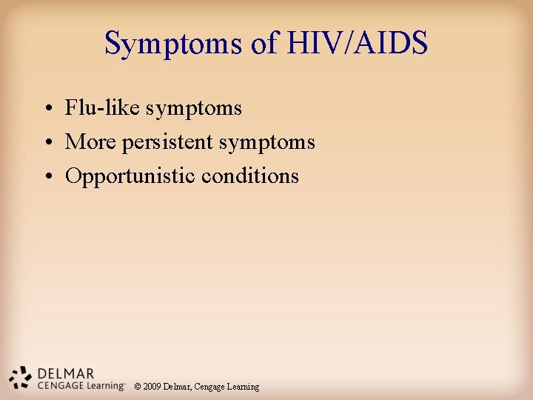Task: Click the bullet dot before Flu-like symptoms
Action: [x=47, y=109]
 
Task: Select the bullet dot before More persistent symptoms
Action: [x=47, y=142]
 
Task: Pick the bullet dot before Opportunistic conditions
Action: [x=47, y=176]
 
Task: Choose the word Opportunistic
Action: [x=130, y=176]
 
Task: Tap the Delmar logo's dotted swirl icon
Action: [x=20, y=378]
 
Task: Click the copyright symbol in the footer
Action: [x=138, y=387]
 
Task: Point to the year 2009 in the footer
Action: [x=152, y=387]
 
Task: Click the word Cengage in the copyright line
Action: [x=212, y=387]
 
